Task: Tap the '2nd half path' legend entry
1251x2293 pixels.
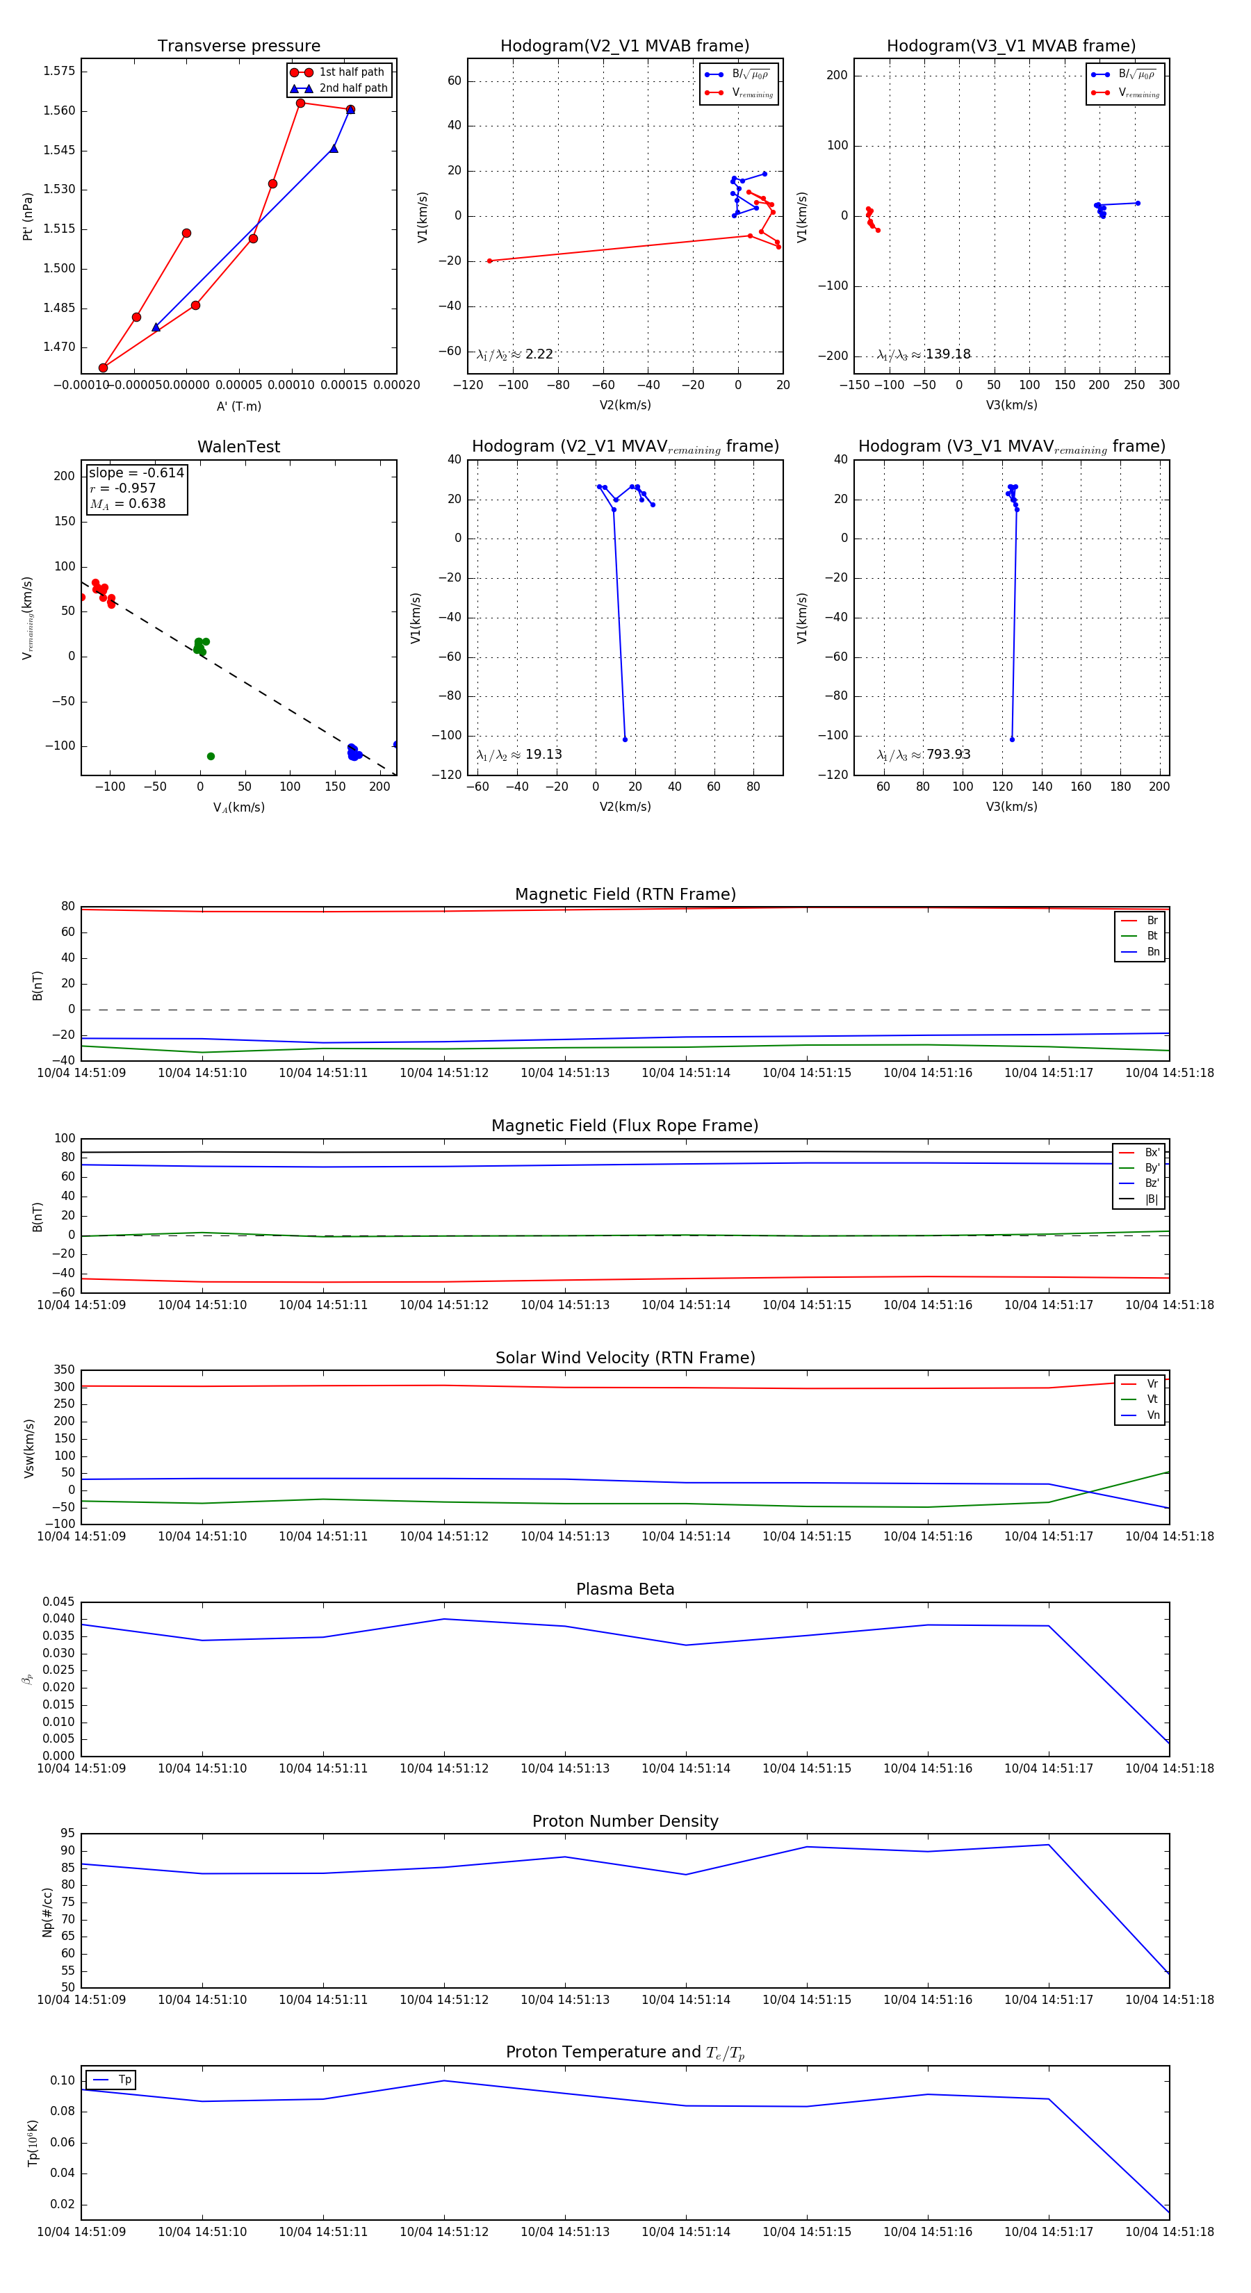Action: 352,88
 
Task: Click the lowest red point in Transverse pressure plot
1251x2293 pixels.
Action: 104,368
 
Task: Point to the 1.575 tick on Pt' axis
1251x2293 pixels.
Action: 59,71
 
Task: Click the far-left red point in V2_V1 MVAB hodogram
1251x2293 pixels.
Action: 490,261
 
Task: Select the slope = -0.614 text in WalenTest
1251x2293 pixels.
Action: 136,472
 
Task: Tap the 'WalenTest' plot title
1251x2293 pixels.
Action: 238,447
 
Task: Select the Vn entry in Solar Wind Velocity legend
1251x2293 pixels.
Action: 1152,1415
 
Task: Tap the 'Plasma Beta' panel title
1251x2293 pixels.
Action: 625,1590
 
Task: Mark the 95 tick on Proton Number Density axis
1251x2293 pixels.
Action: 67,1834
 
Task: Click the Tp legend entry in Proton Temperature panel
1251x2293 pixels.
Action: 124,2080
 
